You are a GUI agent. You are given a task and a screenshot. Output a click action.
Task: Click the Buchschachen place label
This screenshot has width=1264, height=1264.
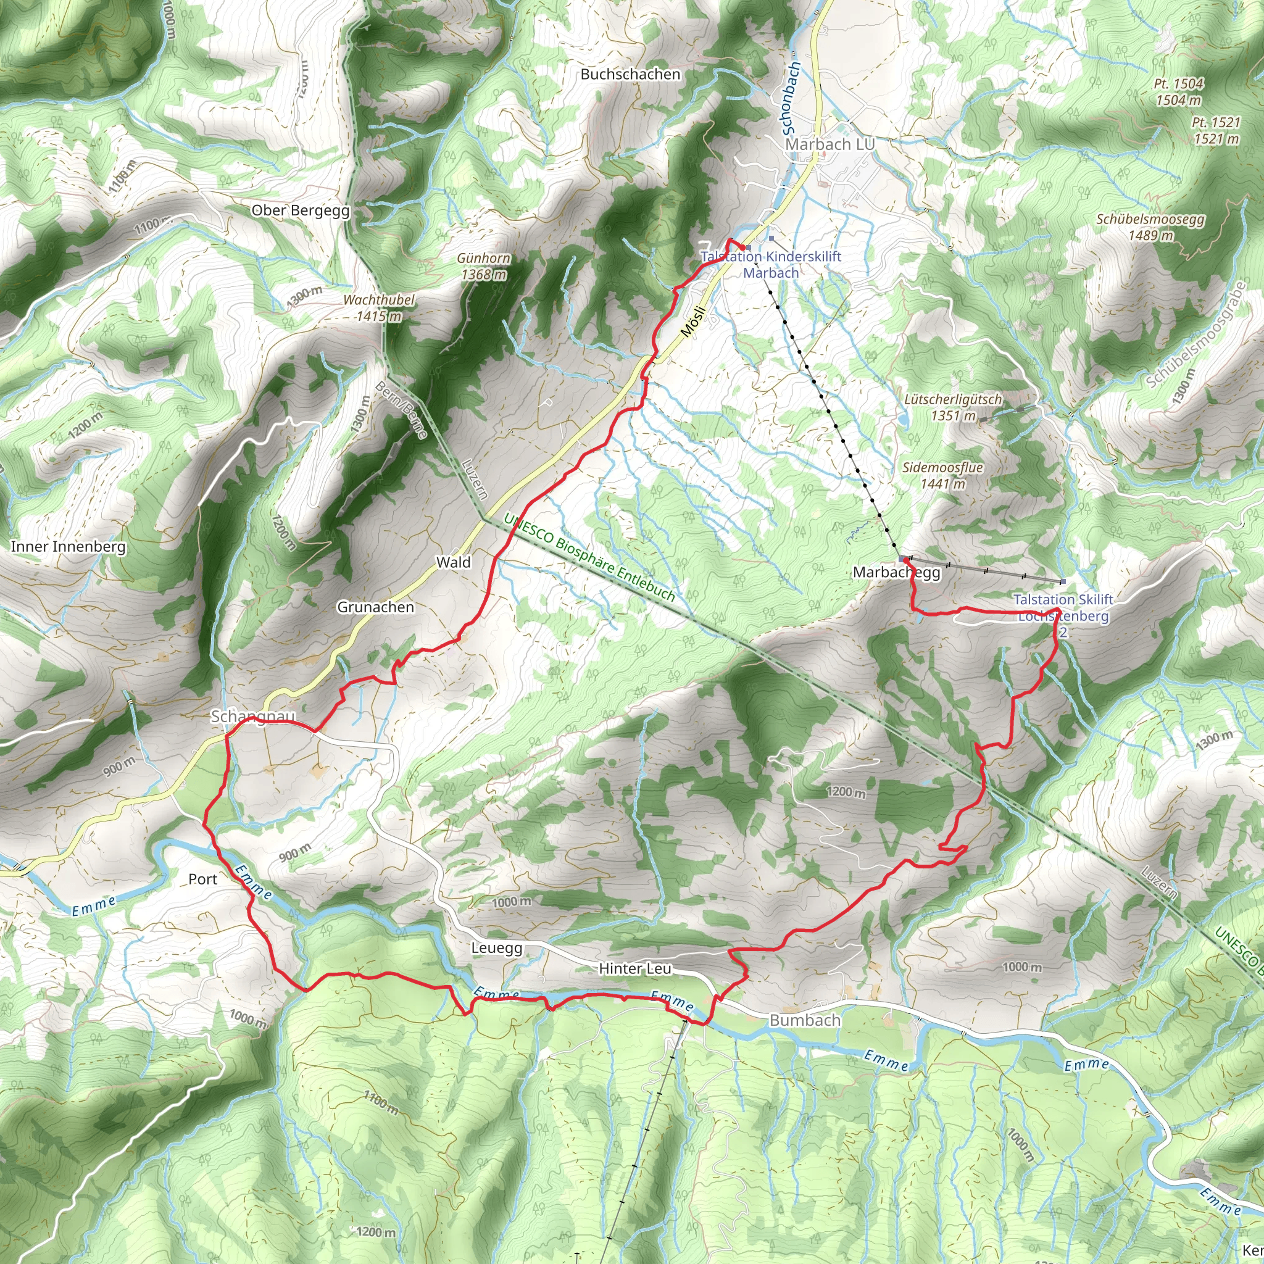click(x=631, y=75)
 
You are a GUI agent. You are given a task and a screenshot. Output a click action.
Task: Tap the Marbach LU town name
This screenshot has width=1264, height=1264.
click(x=829, y=144)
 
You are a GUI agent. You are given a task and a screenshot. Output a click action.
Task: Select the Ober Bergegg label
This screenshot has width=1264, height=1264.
click(x=301, y=210)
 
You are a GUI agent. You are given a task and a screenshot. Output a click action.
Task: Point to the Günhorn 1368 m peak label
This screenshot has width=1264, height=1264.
click(x=484, y=266)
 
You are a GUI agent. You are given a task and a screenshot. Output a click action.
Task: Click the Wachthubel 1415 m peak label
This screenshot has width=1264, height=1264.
click(x=379, y=308)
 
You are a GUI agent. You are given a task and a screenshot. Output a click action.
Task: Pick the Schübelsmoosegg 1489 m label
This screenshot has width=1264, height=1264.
click(x=1150, y=227)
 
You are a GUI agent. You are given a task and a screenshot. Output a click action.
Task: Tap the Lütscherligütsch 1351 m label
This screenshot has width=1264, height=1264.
click(x=952, y=407)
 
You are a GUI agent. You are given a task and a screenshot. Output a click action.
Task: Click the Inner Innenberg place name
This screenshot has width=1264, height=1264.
click(x=68, y=546)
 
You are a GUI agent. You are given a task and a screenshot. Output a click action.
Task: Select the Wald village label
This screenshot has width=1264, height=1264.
click(x=454, y=562)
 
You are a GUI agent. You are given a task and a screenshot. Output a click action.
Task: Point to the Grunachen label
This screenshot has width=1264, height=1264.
click(x=375, y=607)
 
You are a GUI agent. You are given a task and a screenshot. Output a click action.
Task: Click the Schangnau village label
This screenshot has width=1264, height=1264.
click(x=252, y=717)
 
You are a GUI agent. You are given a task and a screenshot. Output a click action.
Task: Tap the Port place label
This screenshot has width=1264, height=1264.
click(x=203, y=879)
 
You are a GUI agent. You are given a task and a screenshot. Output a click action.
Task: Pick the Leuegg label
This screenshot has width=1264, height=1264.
click(x=497, y=948)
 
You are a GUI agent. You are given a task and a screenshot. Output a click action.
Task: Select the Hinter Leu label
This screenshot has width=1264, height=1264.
click(x=634, y=969)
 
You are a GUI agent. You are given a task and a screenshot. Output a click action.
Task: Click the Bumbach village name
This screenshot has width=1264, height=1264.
click(x=805, y=1020)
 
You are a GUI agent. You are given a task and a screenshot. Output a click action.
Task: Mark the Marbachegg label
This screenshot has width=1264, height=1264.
click(x=896, y=573)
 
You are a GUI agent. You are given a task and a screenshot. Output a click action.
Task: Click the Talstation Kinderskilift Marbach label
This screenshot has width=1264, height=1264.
click(x=771, y=265)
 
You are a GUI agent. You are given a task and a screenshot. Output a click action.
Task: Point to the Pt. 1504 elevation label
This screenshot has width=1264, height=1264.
click(x=1178, y=91)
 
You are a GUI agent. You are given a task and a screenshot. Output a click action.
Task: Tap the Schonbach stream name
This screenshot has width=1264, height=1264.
click(x=791, y=98)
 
